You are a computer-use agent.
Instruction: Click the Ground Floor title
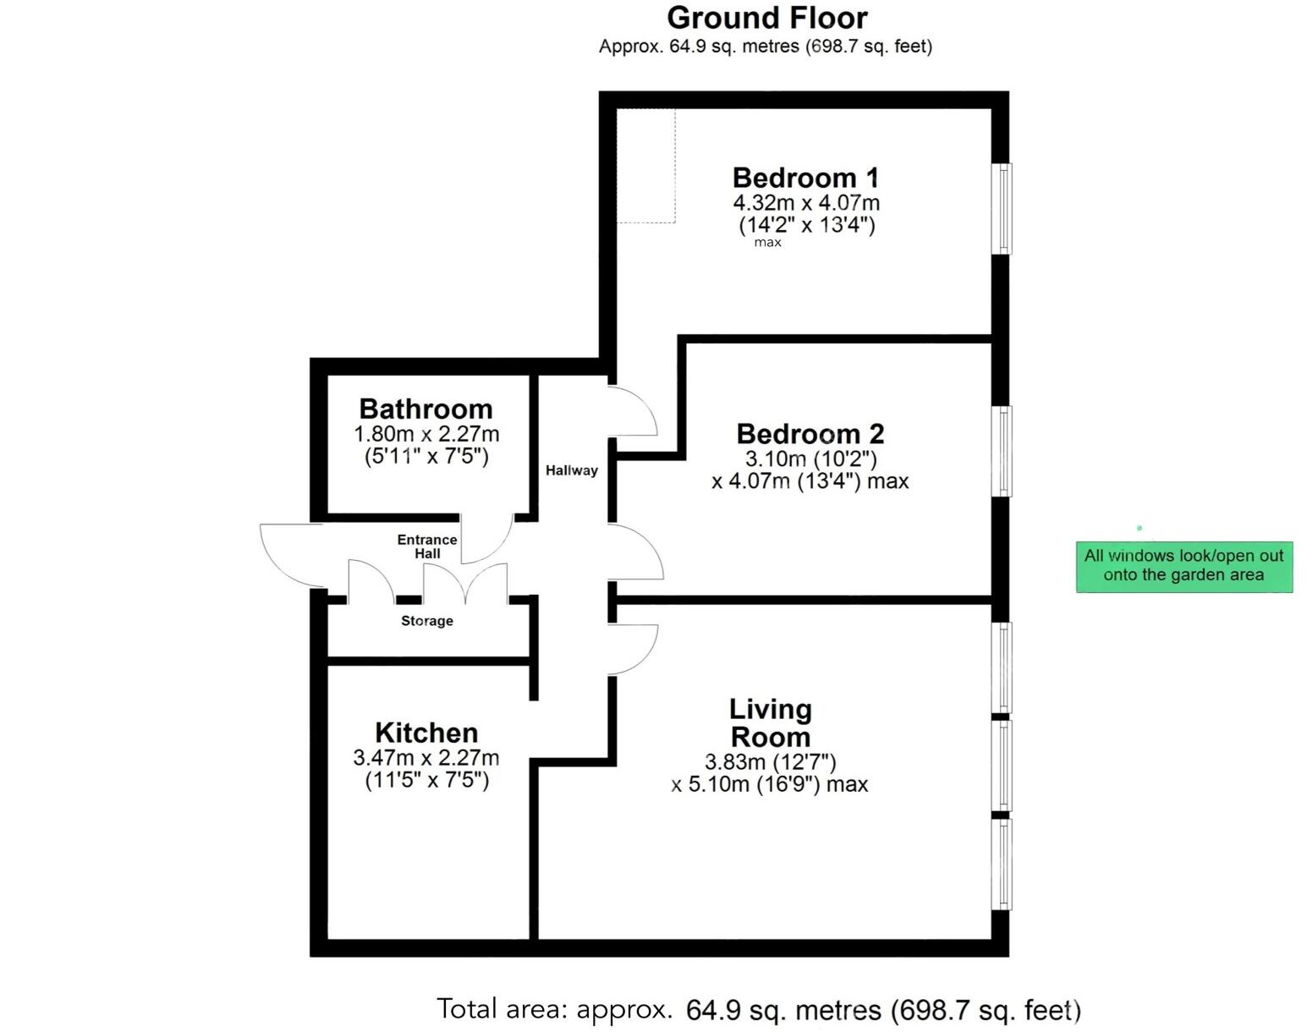766,18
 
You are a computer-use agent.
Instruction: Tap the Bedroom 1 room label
805,178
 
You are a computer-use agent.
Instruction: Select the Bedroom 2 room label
810,434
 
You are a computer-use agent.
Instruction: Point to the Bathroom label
426,409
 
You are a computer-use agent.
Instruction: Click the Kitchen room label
426,732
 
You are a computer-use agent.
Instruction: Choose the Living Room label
770,722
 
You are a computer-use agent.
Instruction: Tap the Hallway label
571,470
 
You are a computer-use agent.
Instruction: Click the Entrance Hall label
427,546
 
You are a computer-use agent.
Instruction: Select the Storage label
426,621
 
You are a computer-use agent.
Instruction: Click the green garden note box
1183,566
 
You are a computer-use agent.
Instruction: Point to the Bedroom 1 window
1001,208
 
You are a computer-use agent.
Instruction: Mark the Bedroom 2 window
1001,451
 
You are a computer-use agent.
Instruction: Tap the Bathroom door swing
486,539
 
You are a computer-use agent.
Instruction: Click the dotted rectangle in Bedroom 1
645,166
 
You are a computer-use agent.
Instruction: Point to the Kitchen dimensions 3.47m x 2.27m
426,758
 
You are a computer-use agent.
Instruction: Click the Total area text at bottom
758,1009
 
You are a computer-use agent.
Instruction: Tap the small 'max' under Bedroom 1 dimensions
767,243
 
